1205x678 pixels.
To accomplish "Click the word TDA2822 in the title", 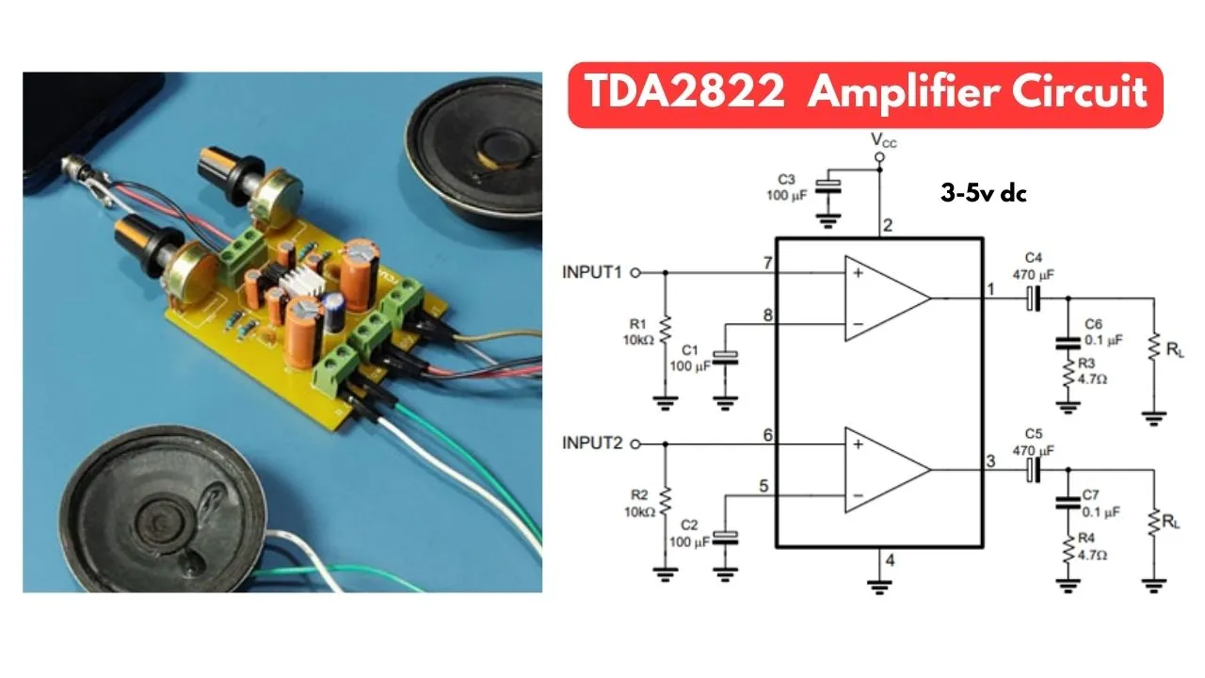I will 690,93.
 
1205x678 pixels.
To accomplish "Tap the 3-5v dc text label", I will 983,193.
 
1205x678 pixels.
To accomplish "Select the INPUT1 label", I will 592,272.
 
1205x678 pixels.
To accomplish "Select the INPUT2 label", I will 592,443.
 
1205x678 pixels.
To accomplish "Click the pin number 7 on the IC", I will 768,262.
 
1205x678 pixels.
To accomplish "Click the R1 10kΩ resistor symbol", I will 666,331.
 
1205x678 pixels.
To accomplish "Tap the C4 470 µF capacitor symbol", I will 1035,298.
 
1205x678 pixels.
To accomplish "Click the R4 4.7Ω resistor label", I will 1096,548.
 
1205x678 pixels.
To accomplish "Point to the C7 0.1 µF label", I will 1101,504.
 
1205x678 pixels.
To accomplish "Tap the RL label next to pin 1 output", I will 1173,350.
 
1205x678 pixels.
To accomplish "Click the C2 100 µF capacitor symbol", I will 725,539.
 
